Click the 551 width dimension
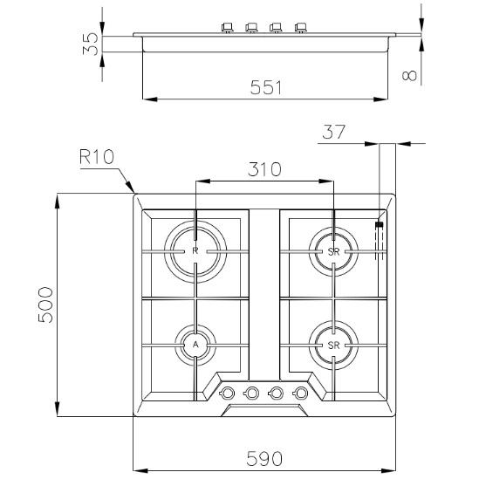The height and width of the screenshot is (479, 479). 265,87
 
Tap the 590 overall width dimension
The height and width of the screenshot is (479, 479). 264,459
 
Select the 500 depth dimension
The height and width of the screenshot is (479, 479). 45,305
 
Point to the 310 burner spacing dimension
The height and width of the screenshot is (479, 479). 264,169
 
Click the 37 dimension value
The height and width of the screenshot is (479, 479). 333,132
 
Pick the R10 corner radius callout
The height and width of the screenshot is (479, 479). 97,157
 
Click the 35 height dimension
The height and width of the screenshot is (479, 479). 91,44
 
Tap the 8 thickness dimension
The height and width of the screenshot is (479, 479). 409,75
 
